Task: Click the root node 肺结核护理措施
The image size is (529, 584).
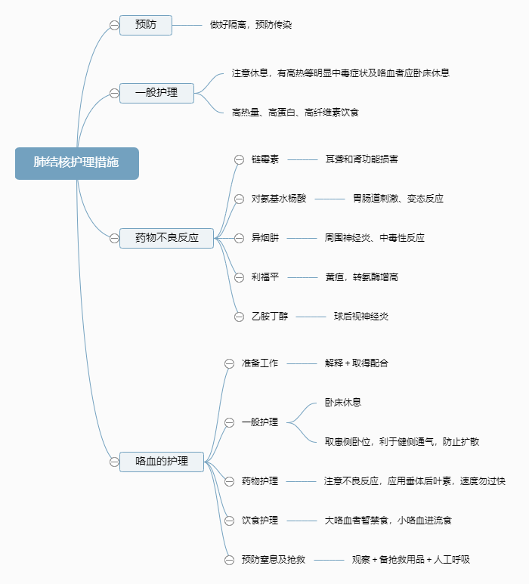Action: tap(76, 163)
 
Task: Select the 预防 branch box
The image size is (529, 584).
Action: tap(146, 25)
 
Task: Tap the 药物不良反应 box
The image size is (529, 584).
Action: tap(166, 238)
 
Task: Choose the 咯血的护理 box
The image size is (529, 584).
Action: tap(162, 461)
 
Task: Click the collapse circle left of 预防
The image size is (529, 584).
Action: tap(114, 25)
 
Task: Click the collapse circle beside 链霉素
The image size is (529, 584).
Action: tap(239, 159)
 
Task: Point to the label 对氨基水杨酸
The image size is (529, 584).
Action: tap(279, 199)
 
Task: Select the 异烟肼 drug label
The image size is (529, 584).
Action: tap(265, 238)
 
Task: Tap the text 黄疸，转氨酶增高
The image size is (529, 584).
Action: tap(361, 277)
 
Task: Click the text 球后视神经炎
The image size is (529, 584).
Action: tap(361, 317)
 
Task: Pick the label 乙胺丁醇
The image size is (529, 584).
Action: tap(270, 317)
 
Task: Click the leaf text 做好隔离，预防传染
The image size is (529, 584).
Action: tap(251, 25)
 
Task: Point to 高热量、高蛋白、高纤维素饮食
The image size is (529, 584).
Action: tap(295, 113)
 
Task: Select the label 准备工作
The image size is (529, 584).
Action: tap(260, 363)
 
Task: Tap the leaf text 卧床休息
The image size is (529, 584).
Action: tap(343, 403)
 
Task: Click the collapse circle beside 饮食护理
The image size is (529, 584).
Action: tap(230, 521)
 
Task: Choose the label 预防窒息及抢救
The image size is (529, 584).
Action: tap(274, 560)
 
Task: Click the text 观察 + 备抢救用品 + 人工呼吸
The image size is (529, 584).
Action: tap(411, 560)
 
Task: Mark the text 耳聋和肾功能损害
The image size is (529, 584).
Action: tap(361, 159)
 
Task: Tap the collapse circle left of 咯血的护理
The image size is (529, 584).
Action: tap(114, 461)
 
